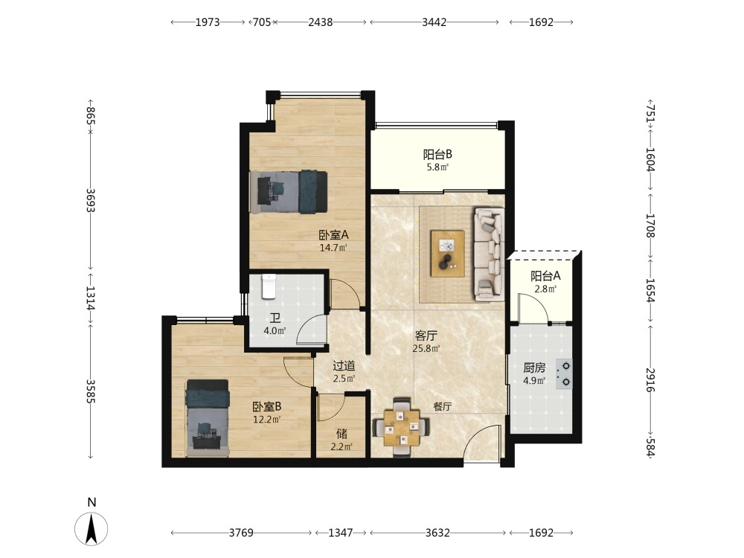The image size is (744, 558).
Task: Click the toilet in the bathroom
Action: [269, 286]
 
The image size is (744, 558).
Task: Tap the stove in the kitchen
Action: [564, 374]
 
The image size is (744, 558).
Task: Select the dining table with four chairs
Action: [402, 428]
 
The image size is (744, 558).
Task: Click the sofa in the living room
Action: [488, 254]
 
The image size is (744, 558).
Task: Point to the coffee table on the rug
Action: [447, 254]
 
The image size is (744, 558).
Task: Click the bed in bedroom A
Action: [289, 192]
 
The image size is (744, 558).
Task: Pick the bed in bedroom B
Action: [208, 417]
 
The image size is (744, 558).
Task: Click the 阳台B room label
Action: [437, 154]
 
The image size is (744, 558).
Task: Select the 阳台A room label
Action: [545, 276]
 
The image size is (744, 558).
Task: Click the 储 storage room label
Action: [341, 433]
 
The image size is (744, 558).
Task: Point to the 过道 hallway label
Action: [344, 366]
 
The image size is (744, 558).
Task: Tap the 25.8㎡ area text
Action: [426, 349]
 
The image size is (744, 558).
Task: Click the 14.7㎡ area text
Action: [333, 247]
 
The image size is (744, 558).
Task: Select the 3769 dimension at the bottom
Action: [241, 533]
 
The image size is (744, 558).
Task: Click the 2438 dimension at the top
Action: [320, 22]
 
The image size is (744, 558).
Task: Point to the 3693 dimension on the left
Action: [91, 201]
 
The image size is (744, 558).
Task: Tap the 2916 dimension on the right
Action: [650, 379]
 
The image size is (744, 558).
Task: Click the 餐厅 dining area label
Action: [442, 407]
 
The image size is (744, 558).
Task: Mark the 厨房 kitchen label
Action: [534, 368]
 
